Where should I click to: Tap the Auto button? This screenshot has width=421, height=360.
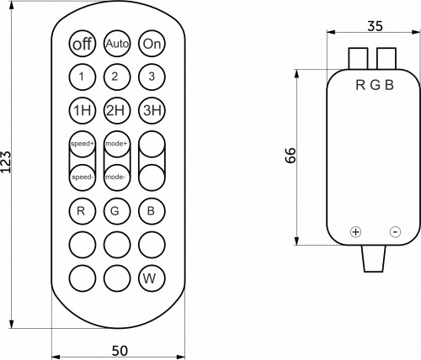tap(117, 44)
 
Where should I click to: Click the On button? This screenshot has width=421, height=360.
tap(152, 44)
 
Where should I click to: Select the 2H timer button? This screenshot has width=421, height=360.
tap(117, 110)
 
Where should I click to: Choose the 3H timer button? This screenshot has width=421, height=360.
tap(152, 110)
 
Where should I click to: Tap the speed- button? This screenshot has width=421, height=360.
tap(83, 177)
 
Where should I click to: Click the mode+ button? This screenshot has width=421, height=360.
tap(117, 144)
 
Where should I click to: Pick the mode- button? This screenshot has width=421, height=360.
tap(117, 177)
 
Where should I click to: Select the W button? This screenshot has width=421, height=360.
tap(152, 278)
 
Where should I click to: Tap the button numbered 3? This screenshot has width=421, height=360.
tap(152, 77)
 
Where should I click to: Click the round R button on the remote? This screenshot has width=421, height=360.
tap(83, 211)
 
